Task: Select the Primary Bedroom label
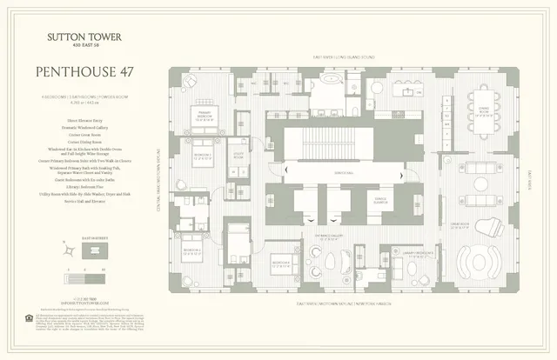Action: (x=205, y=113)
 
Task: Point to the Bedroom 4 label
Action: (x=280, y=262)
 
